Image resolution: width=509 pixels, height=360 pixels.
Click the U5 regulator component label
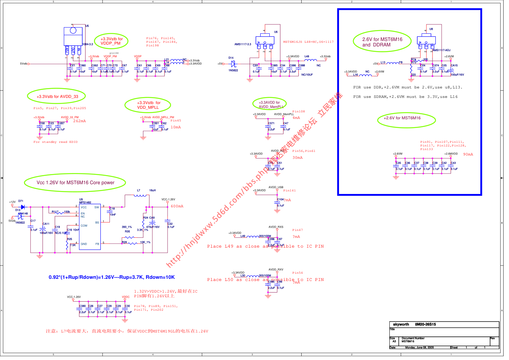87,26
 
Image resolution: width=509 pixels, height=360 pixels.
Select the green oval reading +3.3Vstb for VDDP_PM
112,41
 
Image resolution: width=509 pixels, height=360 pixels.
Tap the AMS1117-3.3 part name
243,44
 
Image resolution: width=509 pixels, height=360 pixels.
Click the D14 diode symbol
233,64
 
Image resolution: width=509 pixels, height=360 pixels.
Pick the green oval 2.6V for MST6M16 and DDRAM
382,42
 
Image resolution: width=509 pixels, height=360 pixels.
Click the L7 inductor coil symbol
140,195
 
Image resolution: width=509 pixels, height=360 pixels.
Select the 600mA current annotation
177,206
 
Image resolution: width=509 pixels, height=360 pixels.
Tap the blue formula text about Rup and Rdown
112,277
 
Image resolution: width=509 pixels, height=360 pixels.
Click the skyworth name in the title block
401,324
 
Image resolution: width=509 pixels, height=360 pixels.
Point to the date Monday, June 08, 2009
419,347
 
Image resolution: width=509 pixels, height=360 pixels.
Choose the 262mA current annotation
79,121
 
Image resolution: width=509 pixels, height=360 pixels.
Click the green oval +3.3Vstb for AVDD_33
57,96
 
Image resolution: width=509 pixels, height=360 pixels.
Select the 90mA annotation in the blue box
468,154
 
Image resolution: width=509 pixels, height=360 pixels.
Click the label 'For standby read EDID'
55,142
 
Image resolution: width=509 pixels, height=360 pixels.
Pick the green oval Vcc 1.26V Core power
75,183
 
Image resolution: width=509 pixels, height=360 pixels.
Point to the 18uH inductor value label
153,190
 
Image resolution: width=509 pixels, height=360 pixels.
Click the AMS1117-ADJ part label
441,50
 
